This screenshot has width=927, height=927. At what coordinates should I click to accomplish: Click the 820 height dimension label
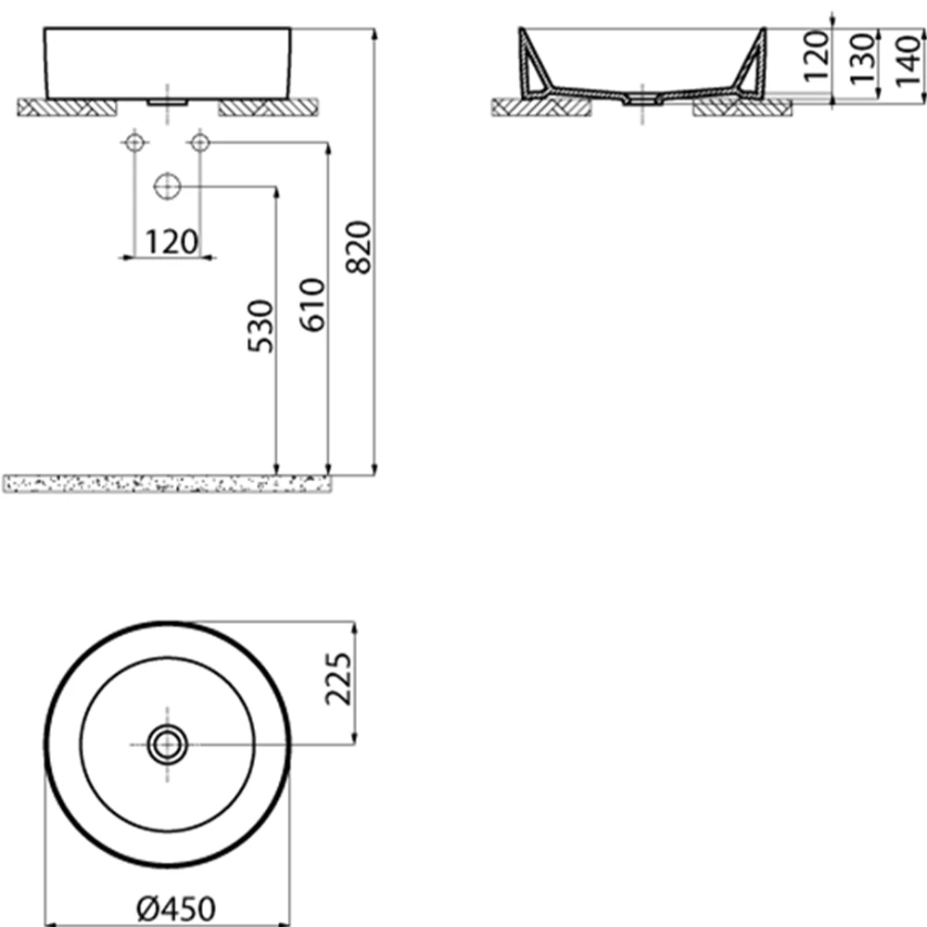click(359, 248)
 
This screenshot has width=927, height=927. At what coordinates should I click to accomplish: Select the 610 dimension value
click(312, 305)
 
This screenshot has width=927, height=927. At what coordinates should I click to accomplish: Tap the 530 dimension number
click(260, 327)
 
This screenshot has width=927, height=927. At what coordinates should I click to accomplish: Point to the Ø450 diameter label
click(176, 908)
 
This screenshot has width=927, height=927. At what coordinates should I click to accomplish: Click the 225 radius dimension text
click(338, 679)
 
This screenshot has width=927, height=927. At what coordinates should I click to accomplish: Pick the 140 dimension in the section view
click(908, 61)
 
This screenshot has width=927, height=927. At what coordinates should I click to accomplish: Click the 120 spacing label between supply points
click(171, 242)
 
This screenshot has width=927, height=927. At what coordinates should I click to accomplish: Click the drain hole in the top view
click(167, 744)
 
